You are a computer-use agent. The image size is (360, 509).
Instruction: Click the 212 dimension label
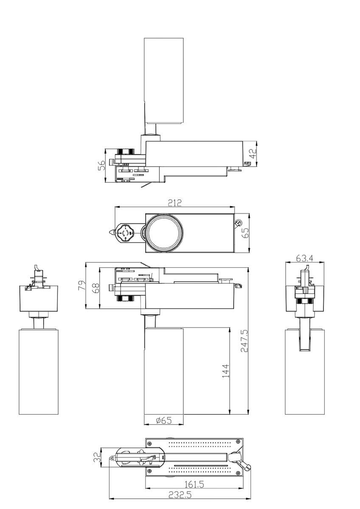point(174,203)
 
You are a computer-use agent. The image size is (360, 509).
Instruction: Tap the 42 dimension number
point(253,154)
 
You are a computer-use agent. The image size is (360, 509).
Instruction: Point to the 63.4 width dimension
point(305,258)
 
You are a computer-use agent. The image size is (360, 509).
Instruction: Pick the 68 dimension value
point(96,288)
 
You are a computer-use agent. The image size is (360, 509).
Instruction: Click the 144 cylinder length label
point(226,370)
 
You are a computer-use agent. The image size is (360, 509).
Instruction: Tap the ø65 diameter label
point(163,420)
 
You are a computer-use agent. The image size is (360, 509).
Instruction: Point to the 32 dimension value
point(97,457)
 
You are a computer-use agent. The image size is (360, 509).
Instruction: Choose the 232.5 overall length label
point(180,495)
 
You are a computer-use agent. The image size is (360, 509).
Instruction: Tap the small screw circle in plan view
point(239,223)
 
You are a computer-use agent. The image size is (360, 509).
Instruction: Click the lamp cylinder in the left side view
point(38,371)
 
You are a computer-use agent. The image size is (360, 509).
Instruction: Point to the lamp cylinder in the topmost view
point(163,81)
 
